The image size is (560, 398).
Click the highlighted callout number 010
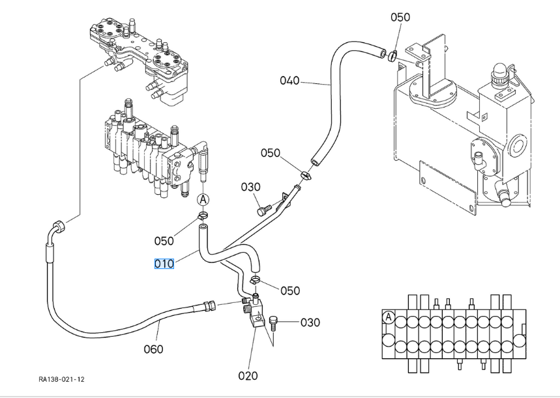164,264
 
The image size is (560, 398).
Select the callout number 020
248,375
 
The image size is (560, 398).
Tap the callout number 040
289,81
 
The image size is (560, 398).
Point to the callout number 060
154,348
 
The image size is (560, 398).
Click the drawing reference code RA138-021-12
61,379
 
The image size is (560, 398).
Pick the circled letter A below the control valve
203,199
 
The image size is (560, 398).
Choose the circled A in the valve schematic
388,317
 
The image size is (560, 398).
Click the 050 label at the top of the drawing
400,17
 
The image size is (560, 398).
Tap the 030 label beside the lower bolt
310,322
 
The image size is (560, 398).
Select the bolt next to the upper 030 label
263,210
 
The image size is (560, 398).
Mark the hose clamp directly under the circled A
203,215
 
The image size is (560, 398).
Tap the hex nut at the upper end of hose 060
58,226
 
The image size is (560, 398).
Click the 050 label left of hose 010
164,241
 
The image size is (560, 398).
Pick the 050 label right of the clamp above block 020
290,291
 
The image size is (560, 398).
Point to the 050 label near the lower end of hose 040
271,153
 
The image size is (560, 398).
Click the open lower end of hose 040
314,162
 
